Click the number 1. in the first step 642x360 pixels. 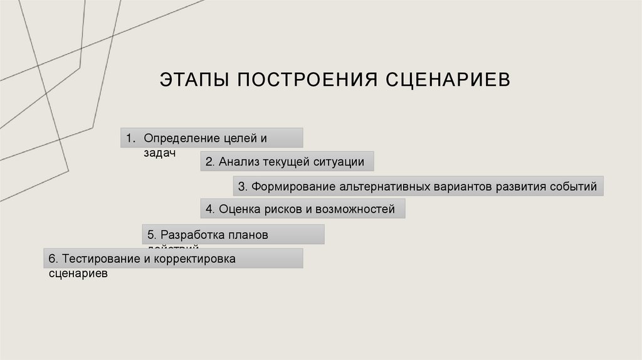point(130,137)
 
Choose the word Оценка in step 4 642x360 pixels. point(237,209)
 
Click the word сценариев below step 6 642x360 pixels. point(78,273)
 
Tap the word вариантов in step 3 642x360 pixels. point(463,186)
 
